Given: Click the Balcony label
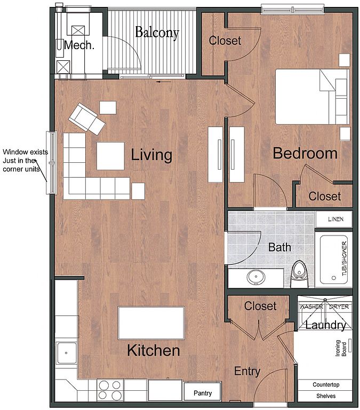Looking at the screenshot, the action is click(x=157, y=33).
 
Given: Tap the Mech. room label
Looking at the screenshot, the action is click(x=79, y=45).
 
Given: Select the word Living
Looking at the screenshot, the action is click(x=151, y=155).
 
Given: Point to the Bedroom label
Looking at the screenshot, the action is click(x=305, y=153).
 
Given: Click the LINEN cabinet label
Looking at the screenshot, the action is click(x=335, y=219).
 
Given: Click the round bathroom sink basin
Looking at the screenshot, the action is click(x=256, y=277).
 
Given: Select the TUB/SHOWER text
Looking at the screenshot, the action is click(x=345, y=258).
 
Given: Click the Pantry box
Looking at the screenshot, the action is click(x=203, y=391).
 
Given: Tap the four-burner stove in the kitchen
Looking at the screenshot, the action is click(x=110, y=390).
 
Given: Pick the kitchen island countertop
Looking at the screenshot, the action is click(x=151, y=323).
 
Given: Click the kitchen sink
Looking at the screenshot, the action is click(x=66, y=353).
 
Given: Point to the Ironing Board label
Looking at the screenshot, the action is click(x=341, y=348).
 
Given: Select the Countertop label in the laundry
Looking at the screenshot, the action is click(x=326, y=384).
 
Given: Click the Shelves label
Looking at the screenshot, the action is click(x=326, y=396).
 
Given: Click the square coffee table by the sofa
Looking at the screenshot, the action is click(x=110, y=156).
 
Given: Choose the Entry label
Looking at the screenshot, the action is click(x=247, y=372).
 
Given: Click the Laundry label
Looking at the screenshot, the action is click(x=326, y=325).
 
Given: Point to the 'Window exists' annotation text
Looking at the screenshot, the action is click(x=26, y=152).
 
